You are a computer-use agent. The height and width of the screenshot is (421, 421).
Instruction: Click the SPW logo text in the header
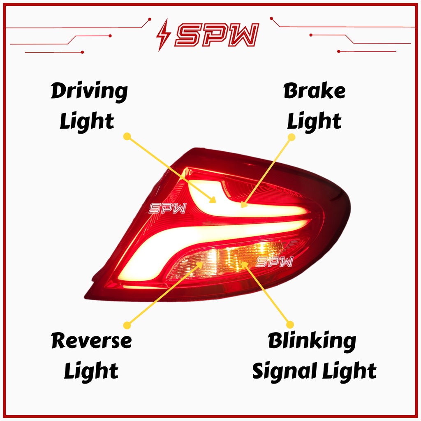217,34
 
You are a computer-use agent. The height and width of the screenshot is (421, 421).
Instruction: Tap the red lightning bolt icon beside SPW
163,35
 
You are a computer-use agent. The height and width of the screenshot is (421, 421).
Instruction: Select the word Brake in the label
314,91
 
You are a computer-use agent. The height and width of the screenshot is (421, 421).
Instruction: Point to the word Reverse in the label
91,341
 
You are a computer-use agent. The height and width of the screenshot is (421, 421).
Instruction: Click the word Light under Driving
87,122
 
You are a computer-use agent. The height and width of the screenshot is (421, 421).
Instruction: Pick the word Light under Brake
314,122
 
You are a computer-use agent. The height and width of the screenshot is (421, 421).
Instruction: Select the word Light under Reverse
91,371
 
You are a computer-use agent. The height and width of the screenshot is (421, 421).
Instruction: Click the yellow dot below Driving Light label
127,136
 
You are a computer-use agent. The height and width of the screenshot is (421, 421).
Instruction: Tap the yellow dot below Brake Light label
291,137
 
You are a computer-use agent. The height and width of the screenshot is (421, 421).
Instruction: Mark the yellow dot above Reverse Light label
127,325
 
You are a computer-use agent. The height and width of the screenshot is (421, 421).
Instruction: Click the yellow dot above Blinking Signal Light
290,324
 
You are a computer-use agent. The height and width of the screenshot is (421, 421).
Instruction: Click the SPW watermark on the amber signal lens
274,261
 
